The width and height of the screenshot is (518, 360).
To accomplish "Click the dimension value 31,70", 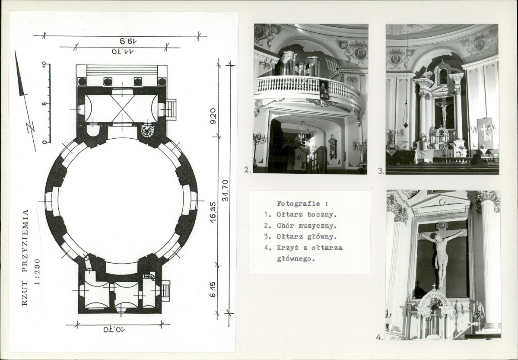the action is coord(226,191).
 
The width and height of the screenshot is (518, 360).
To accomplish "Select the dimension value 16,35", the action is coord(213,212).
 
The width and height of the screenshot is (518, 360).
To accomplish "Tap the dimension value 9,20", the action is coord(213,116).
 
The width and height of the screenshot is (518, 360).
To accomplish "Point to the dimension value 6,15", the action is coord(213,289).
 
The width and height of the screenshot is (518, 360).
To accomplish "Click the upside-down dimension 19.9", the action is coord(128,41).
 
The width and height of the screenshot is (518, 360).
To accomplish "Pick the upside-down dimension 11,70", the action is coord(123,51).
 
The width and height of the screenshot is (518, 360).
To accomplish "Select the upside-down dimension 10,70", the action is coord(114,329).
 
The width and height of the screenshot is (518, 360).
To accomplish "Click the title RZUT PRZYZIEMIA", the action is coord(25,258).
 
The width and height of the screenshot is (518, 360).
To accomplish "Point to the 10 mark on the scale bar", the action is coord(44,64).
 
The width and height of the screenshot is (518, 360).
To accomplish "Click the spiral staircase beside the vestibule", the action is coord(147,131).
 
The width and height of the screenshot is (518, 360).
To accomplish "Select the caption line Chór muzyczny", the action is coord(306,226).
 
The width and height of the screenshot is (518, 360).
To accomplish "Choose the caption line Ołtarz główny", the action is coord(306,237).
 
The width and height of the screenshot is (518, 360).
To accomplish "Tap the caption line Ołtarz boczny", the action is coord(306,214).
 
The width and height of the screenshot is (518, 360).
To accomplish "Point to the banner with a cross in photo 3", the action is coord(485,133).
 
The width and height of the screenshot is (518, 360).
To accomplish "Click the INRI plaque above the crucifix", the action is coord(442,226).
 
